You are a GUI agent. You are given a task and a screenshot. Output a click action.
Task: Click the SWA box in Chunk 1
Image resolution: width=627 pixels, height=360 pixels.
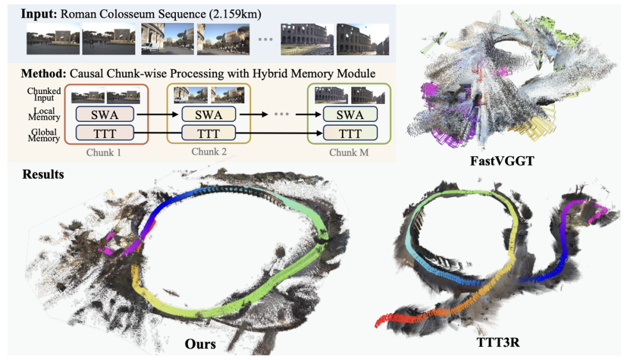click(105, 114)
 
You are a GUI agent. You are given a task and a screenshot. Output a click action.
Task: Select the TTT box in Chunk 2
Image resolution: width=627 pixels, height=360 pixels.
click(208, 133)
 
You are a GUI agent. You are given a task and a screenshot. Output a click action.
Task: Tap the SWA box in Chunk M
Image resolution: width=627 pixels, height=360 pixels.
click(350, 114)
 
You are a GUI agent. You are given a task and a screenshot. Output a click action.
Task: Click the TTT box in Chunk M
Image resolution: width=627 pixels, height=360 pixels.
click(350, 133)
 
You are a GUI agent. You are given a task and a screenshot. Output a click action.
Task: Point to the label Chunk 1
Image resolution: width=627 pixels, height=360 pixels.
click(103, 153)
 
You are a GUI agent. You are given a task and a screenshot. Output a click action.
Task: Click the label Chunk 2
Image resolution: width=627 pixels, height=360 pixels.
click(209, 152)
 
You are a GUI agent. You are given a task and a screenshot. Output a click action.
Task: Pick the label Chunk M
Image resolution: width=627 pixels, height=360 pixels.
click(349, 153)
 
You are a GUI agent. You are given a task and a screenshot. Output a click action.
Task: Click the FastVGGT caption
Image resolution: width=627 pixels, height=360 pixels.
click(502, 161)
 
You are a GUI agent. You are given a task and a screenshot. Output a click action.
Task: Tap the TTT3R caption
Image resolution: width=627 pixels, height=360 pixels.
click(498, 343)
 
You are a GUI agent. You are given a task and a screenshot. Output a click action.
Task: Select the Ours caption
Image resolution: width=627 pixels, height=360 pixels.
click(200, 344)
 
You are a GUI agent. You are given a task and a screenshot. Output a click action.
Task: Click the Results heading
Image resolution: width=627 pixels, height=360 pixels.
click(43, 174)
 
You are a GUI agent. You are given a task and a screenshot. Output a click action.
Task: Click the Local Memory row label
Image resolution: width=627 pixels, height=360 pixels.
click(44, 114)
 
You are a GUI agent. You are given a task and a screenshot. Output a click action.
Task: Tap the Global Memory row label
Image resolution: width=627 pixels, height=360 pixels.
click(44, 135)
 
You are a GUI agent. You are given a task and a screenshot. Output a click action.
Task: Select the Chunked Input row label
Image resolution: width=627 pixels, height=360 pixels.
click(44, 95)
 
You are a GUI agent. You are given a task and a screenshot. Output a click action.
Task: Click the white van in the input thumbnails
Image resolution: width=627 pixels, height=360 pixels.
click(150, 48)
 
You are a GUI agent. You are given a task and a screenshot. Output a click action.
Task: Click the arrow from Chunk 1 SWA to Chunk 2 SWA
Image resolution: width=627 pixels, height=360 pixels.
click(157, 114)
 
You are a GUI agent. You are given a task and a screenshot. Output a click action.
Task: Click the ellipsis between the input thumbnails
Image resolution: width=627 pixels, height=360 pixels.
click(265, 39)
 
